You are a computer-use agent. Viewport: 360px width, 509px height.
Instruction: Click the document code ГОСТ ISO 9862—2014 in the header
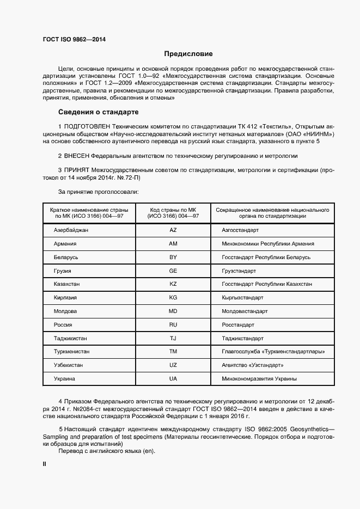coord(74,39)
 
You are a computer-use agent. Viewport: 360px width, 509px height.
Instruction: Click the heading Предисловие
coord(188,54)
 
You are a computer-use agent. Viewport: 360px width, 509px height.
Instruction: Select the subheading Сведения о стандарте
coord(98,113)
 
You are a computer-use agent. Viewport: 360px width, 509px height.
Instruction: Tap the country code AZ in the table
coord(173,230)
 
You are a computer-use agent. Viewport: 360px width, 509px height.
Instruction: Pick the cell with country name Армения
coord(65,244)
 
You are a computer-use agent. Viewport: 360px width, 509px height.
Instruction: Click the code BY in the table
coord(173,257)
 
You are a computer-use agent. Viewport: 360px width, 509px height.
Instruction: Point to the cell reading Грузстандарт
coord(239,271)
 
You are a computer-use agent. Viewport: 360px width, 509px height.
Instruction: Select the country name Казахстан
coord(67,284)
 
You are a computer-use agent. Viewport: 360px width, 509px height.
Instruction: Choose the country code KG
coord(173,298)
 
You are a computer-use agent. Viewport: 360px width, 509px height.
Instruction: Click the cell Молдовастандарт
coord(245,311)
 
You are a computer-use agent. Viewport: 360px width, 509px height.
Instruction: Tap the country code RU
coord(173,325)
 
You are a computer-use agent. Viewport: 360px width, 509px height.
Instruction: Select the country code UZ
coord(173,365)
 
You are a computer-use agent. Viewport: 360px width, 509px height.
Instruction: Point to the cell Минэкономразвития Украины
coord(259,378)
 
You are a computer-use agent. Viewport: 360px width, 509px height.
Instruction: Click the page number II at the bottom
coord(45,464)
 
